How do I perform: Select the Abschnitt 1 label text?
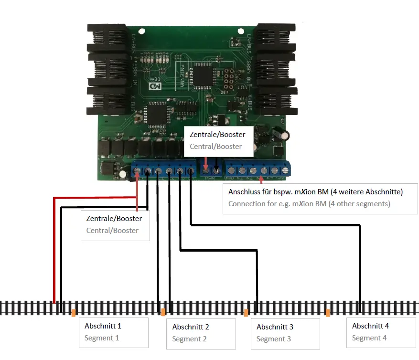click(103, 326)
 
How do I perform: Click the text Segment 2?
click(190, 339)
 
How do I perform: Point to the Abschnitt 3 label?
click(275, 327)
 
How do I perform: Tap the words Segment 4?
click(369, 338)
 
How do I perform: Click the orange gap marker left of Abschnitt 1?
click(73, 313)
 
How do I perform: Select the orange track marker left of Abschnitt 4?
click(328, 313)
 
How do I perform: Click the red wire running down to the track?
click(54, 248)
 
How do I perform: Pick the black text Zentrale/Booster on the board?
click(217, 135)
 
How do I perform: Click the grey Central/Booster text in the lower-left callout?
click(112, 230)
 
